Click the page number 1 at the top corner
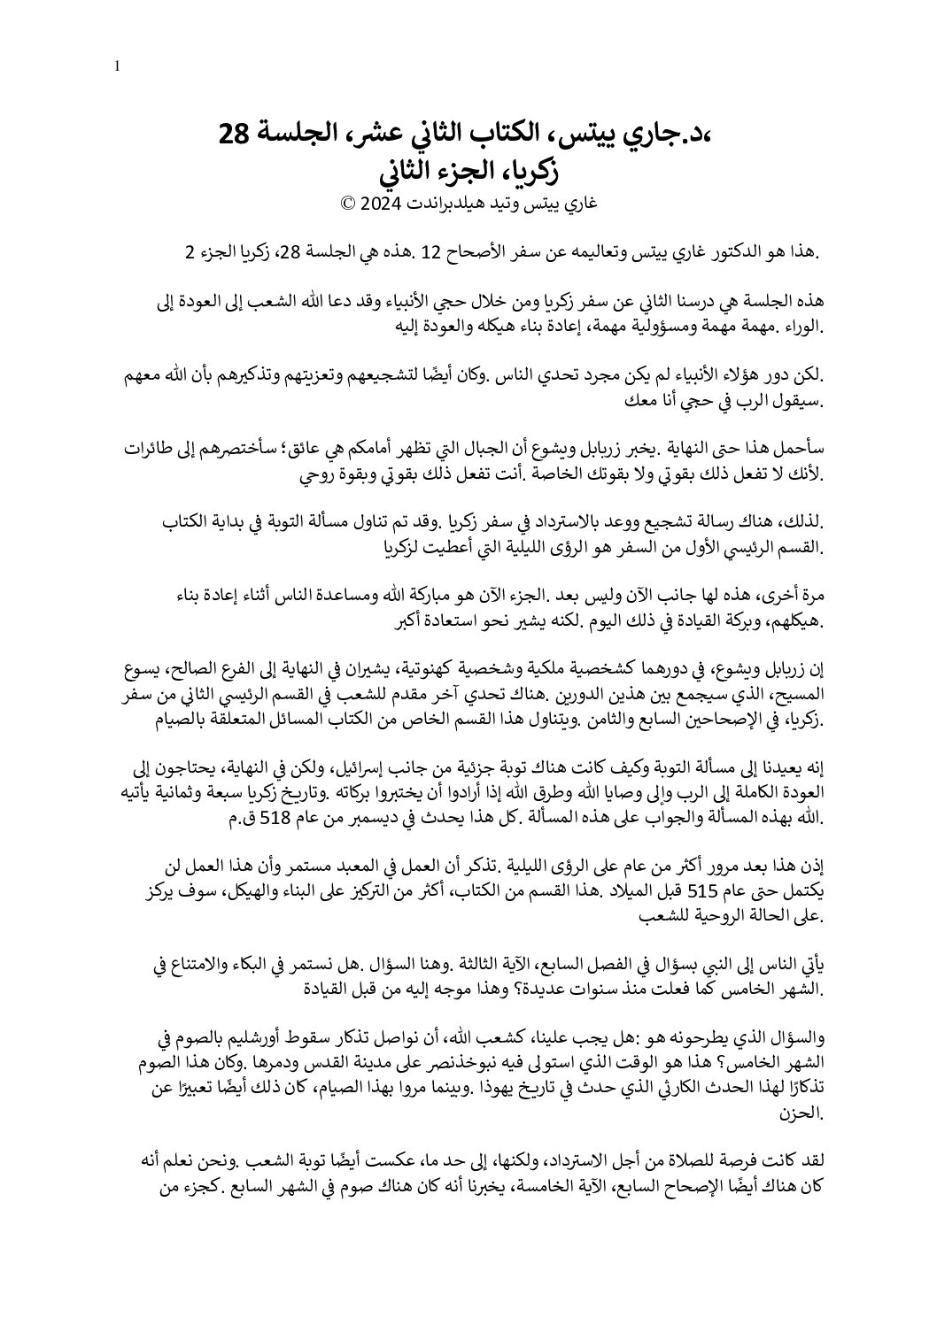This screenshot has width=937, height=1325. tap(119, 65)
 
